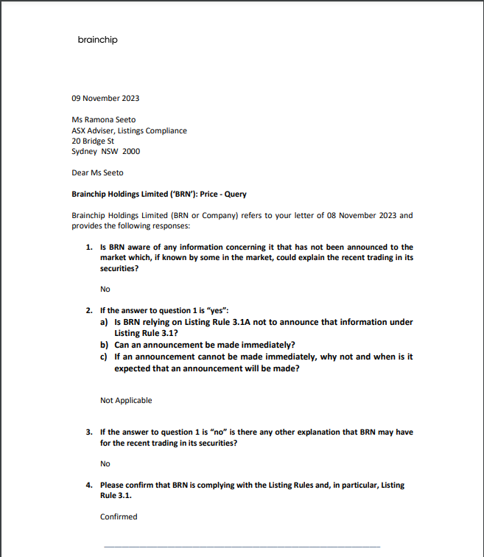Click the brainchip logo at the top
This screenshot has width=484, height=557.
click(x=97, y=40)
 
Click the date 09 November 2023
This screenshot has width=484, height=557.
click(x=105, y=98)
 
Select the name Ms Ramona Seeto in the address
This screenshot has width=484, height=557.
click(x=103, y=119)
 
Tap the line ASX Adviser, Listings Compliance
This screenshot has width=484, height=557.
click(x=129, y=130)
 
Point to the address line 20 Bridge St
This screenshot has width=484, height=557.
click(x=93, y=141)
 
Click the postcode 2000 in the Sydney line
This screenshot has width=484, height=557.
click(x=130, y=152)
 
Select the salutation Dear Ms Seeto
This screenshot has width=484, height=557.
click(x=97, y=173)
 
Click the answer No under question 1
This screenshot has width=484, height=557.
click(x=105, y=290)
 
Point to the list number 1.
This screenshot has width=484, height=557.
click(x=89, y=248)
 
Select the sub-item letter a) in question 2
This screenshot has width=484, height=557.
click(x=105, y=322)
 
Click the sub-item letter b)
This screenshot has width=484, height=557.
click(x=105, y=345)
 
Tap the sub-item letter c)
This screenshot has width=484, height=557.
click(x=105, y=357)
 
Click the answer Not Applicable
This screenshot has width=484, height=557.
click(x=126, y=401)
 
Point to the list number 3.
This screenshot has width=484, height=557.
click(x=89, y=432)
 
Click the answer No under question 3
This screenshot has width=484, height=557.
click(x=105, y=464)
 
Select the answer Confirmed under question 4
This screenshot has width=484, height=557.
click(x=119, y=517)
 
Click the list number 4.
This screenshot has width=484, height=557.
click(x=89, y=486)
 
